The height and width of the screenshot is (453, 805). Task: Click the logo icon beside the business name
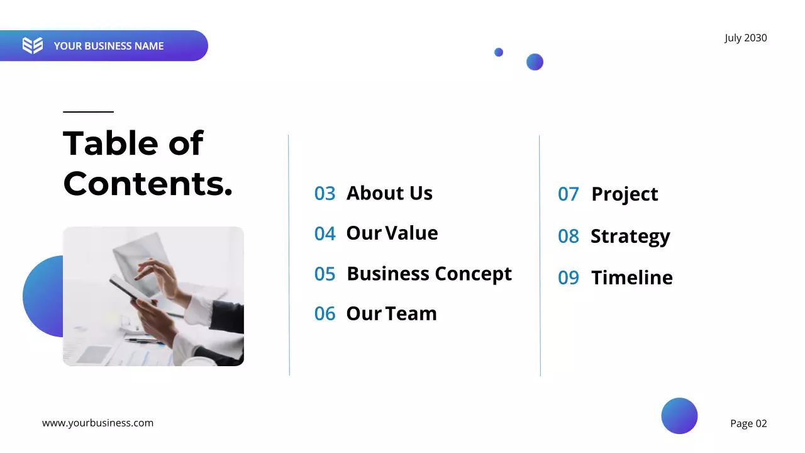(x=33, y=45)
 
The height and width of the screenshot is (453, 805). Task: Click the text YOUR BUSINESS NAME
(x=108, y=46)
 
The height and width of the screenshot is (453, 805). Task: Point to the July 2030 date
(x=745, y=38)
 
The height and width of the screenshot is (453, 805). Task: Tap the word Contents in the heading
(x=148, y=184)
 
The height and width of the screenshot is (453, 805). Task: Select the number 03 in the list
(x=325, y=193)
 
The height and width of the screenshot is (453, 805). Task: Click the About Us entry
(x=389, y=193)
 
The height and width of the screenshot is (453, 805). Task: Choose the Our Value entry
(x=392, y=233)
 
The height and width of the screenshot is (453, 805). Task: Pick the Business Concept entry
(x=429, y=274)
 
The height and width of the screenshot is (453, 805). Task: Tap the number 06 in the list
(x=325, y=314)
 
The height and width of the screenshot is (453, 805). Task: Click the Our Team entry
(x=391, y=314)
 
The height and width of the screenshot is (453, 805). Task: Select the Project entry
(x=625, y=194)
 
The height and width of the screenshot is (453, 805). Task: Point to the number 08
(x=568, y=237)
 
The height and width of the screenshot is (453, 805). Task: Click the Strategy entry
(x=630, y=237)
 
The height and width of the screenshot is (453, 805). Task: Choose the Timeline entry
(x=631, y=277)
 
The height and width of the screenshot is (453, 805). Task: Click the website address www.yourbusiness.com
(x=97, y=423)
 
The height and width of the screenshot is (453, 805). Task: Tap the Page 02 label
(x=748, y=423)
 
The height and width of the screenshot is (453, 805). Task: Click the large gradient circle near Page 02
(x=679, y=416)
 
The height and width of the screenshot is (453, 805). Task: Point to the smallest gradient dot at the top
(x=499, y=52)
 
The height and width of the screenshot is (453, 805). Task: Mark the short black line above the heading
(x=88, y=112)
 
